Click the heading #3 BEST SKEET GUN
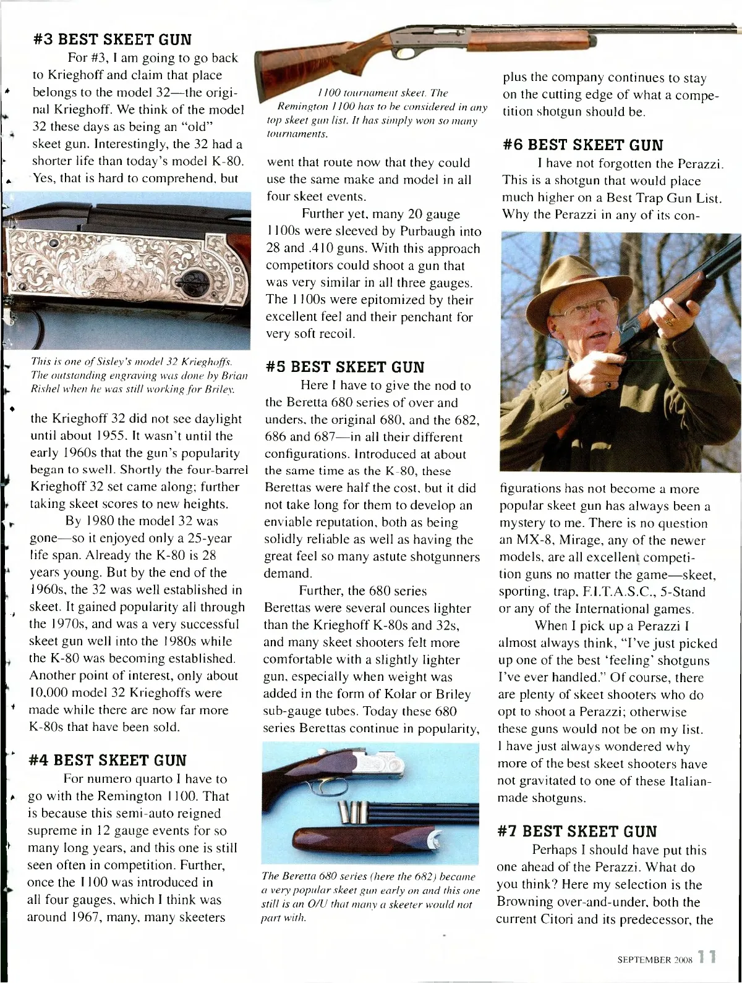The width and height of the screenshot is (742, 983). click(x=112, y=40)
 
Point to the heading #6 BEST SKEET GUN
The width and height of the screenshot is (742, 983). click(x=584, y=146)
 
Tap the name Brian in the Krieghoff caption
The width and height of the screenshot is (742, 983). click(x=232, y=377)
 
